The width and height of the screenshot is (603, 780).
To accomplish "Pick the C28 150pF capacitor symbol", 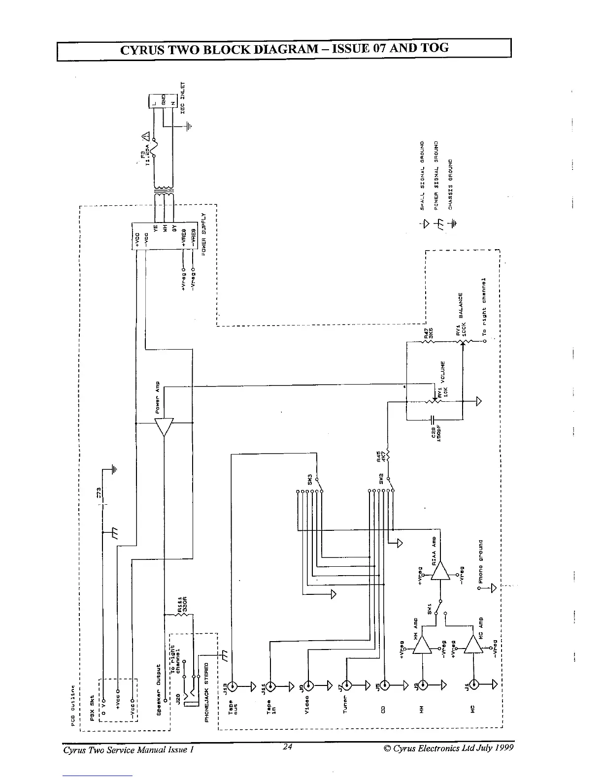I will pos(432,420).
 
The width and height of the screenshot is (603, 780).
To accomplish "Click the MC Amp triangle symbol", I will pos(474,643).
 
